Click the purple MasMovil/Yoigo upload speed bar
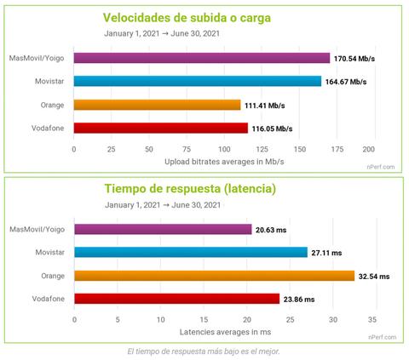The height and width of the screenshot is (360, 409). coord(201,59)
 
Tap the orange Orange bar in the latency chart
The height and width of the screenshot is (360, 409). coord(214,276)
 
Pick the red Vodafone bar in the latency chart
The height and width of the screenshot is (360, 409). coord(176,299)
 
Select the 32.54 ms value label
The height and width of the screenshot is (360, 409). coord(374,276)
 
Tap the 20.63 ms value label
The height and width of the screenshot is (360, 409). coord(272,230)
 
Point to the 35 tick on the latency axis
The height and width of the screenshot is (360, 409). coord(372,319)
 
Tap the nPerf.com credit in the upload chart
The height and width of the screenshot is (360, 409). coord(382,167)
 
